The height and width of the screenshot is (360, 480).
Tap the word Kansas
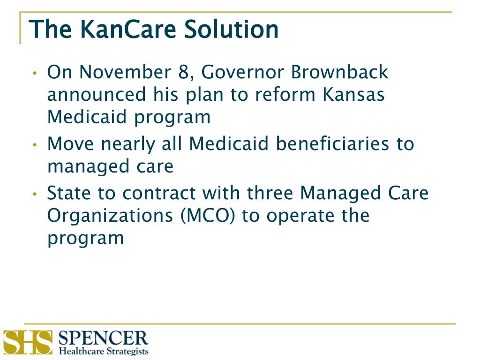[x=353, y=95]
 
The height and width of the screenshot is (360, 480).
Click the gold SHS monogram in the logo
[x=27, y=343]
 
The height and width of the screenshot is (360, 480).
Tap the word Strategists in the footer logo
[x=126, y=351]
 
